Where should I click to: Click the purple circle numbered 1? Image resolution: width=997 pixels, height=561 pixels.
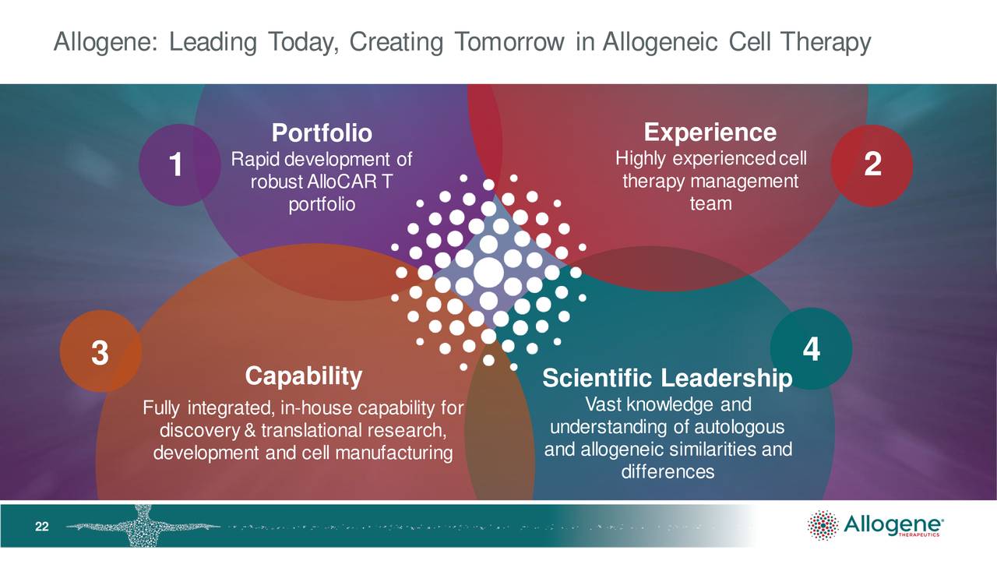pyautogui.click(x=179, y=165)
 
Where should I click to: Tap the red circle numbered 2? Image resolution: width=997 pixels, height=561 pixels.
pyautogui.click(x=872, y=165)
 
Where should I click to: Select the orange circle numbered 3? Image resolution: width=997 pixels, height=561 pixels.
pyautogui.click(x=100, y=353)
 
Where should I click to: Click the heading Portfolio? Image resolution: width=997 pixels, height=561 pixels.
pyautogui.click(x=321, y=133)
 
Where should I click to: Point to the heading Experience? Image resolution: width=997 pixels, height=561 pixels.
pyautogui.click(x=710, y=132)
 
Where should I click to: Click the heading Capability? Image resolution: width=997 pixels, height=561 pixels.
pyautogui.click(x=304, y=376)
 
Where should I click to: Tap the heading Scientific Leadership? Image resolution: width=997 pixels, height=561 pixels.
pyautogui.click(x=667, y=379)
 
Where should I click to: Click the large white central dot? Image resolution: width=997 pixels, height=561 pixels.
pyautogui.click(x=488, y=272)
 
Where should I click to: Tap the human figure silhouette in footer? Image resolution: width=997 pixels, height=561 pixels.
pyautogui.click(x=143, y=525)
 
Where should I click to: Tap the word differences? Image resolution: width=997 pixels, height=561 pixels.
pyautogui.click(x=668, y=471)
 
